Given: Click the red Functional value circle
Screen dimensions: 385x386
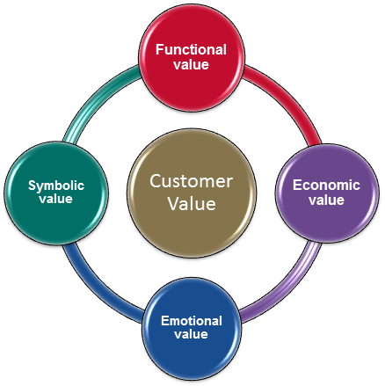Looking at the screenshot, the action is [x=192, y=58].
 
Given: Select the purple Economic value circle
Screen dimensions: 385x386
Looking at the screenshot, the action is [x=327, y=193].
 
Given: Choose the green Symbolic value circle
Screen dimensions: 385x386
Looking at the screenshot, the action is [x=56, y=193].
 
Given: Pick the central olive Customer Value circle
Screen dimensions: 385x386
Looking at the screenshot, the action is [x=192, y=193].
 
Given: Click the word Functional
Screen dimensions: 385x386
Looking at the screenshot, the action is [x=191, y=49].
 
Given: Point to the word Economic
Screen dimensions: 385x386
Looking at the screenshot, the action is [x=326, y=186].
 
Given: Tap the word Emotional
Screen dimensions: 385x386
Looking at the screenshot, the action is [x=192, y=321].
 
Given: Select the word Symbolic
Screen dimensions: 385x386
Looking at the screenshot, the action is [x=56, y=186].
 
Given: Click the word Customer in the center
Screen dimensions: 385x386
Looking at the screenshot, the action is [x=192, y=181].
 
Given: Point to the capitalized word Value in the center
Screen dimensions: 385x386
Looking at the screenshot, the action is [x=192, y=203].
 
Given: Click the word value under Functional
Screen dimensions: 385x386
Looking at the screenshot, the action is [x=191, y=64].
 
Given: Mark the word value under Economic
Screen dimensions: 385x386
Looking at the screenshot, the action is [x=326, y=200].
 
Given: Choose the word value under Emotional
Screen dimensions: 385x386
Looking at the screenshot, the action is [x=191, y=334].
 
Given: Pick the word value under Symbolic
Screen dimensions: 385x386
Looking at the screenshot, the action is [x=56, y=199].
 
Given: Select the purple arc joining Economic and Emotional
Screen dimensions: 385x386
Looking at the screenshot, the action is [x=289, y=289].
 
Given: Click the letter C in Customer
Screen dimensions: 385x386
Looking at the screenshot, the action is [x=156, y=181].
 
